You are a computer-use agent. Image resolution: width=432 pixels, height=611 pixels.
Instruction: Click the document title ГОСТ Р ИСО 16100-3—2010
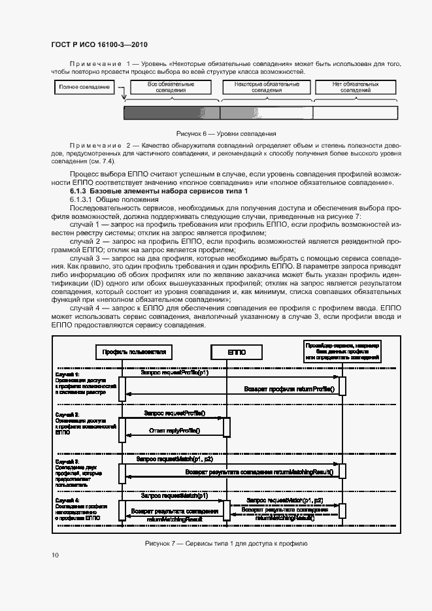pos(99,44)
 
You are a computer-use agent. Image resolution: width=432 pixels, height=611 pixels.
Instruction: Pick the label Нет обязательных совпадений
pos(356,88)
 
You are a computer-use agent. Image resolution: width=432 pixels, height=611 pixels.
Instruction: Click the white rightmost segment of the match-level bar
pos(354,114)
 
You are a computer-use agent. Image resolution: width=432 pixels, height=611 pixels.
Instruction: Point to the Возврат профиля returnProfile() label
pos(289,389)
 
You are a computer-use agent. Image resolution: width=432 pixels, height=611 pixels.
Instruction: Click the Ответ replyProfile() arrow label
pos(174,431)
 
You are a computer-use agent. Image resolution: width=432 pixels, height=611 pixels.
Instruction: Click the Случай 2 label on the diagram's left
pos(67,414)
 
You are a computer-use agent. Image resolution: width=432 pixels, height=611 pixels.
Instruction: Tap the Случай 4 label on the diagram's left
pos(67,500)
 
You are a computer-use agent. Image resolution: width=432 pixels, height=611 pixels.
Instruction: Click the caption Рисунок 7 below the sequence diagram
pos(222,544)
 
